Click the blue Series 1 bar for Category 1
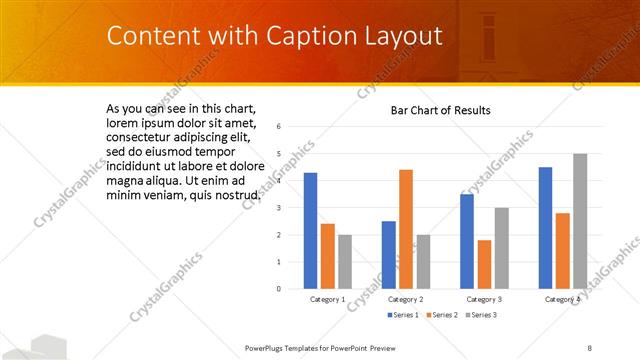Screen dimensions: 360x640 (x=310, y=231)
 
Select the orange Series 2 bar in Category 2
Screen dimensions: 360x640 (x=406, y=229)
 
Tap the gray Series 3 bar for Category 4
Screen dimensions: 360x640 (x=580, y=221)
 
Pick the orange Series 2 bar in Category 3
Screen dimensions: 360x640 (x=485, y=264)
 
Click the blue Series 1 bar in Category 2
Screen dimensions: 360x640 (x=388, y=255)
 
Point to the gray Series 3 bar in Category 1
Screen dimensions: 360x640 (x=345, y=262)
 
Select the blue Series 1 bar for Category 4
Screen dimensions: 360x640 (x=545, y=228)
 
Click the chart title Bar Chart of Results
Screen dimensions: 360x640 (x=440, y=110)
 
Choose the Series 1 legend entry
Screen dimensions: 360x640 (x=403, y=315)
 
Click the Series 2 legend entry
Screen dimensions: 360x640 (x=441, y=315)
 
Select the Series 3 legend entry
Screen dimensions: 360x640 (x=480, y=315)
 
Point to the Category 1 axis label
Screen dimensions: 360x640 (x=327, y=299)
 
